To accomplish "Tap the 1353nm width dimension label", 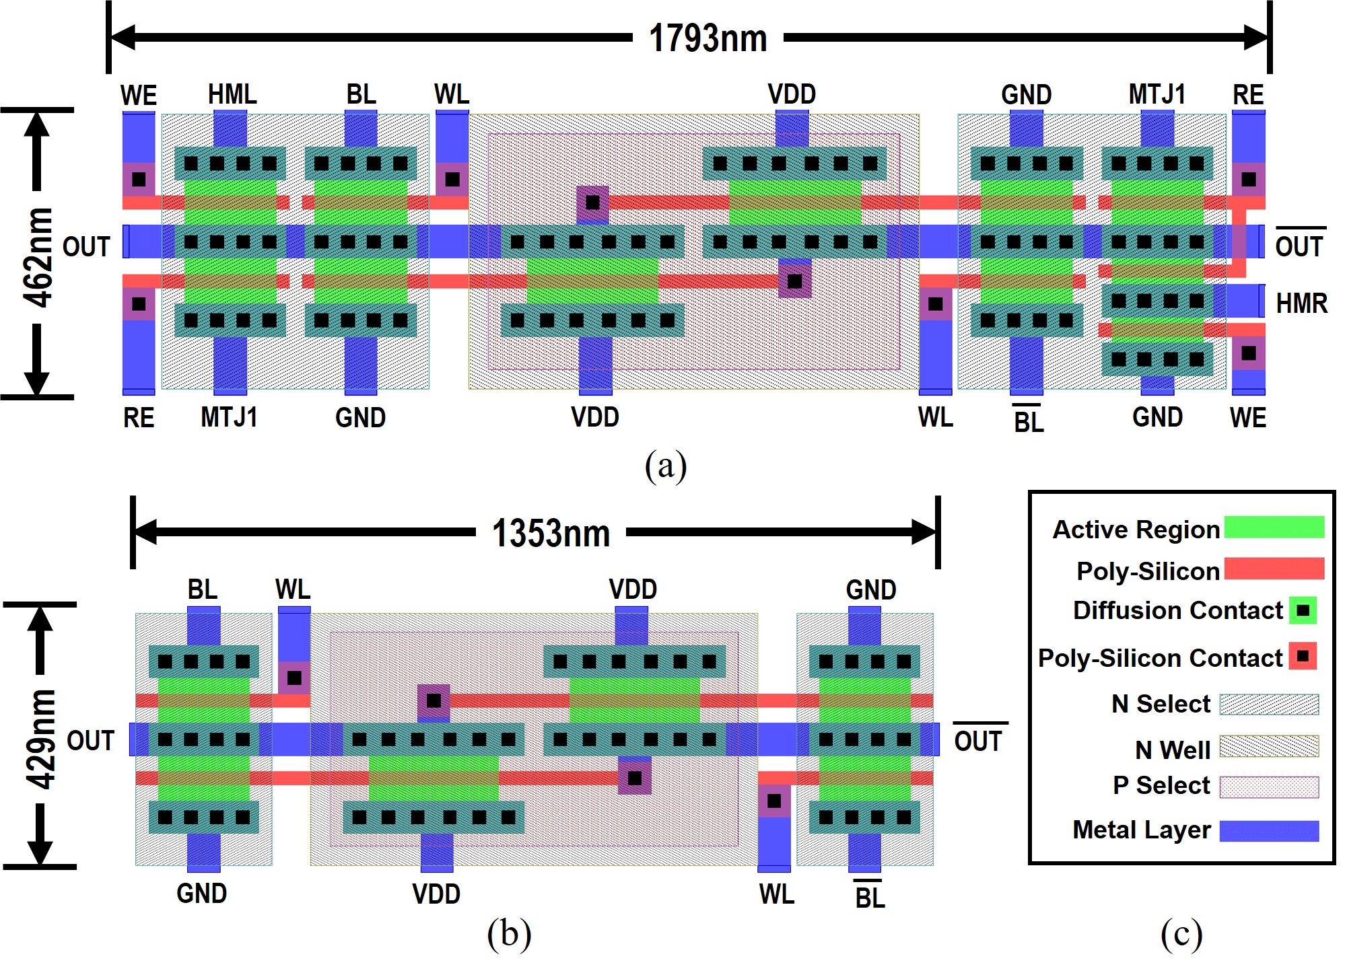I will click(551, 533).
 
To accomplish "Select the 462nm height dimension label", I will click(38, 258).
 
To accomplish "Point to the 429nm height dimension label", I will click(40, 738).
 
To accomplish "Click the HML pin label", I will click(232, 94).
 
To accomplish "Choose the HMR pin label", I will click(1301, 303).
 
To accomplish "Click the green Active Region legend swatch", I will click(1274, 528).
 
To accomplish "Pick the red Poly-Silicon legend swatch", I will click(1274, 569).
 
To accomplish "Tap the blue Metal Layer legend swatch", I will click(1269, 831).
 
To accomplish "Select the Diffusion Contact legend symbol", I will click(1303, 610).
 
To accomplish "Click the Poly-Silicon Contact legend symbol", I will click(1303, 656).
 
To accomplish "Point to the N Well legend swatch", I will click(1269, 746).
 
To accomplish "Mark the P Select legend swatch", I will click(1269, 787).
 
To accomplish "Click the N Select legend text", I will click(1161, 704).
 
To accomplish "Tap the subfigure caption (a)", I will click(665, 466).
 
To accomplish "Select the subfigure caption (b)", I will click(509, 934).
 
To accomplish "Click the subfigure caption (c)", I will click(1181, 934).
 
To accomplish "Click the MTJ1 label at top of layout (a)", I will click(1157, 94).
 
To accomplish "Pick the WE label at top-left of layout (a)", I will click(139, 96).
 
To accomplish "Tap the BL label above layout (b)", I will click(203, 589).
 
